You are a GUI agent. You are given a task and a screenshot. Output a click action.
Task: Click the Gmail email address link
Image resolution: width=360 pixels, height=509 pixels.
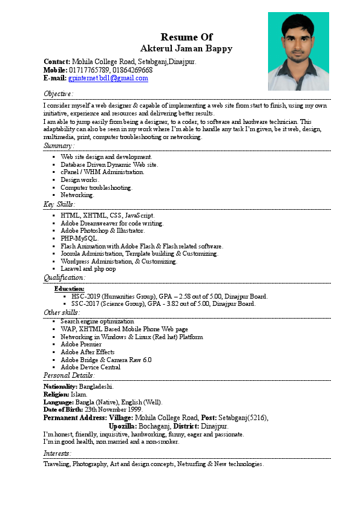click(108, 78)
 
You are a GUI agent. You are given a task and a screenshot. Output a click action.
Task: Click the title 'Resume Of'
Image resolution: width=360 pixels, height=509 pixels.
click(186, 37)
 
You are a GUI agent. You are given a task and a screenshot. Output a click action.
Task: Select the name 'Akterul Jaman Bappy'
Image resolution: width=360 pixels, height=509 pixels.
click(186, 48)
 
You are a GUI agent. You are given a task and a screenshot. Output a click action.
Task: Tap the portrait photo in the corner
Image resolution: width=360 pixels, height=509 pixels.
click(298, 51)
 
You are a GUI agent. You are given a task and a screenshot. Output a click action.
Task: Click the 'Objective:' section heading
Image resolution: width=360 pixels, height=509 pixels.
click(59, 94)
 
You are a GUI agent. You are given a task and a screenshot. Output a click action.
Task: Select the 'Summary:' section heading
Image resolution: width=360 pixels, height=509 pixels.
click(59, 146)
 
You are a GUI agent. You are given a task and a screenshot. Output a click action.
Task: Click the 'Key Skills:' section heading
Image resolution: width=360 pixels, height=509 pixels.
click(60, 204)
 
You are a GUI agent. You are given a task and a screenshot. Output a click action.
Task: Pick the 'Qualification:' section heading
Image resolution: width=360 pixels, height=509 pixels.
click(65, 277)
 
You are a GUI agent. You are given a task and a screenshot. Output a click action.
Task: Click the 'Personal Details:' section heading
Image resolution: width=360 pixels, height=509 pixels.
click(70, 375)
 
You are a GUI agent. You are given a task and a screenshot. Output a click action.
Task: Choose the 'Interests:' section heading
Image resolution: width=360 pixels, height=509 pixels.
click(57, 453)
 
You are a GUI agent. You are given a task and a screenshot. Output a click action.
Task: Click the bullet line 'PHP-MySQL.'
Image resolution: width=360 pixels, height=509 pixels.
click(79, 238)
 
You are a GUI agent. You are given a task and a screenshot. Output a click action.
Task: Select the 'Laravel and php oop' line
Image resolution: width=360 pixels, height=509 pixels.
click(88, 269)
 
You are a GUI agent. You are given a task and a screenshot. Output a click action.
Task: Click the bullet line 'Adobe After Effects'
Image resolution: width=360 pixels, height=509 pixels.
click(88, 352)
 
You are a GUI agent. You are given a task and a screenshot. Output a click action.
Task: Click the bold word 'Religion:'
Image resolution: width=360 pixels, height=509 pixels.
click(56, 394)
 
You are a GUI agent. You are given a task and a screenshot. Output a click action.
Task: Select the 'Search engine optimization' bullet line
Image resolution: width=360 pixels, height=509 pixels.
click(97, 321)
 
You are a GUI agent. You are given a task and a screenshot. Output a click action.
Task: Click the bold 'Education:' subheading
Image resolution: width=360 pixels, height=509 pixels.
click(70, 289)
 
